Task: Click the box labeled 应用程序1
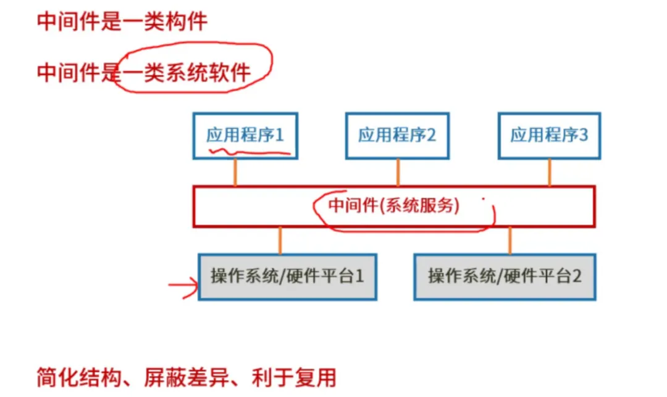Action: click(245, 135)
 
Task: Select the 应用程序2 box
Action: click(397, 135)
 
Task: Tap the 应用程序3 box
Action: click(549, 135)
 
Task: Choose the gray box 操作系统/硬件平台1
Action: click(287, 276)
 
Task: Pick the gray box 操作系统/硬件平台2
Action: click(505, 276)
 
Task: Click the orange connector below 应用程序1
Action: click(235, 172)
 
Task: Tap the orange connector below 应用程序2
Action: click(398, 172)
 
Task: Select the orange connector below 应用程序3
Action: click(549, 172)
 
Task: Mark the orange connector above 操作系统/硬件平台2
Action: click(510, 240)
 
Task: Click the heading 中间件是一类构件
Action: click(122, 22)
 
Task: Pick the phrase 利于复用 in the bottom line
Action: click(293, 377)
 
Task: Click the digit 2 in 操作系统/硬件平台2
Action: click(576, 276)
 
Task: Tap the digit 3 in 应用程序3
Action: click(584, 135)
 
